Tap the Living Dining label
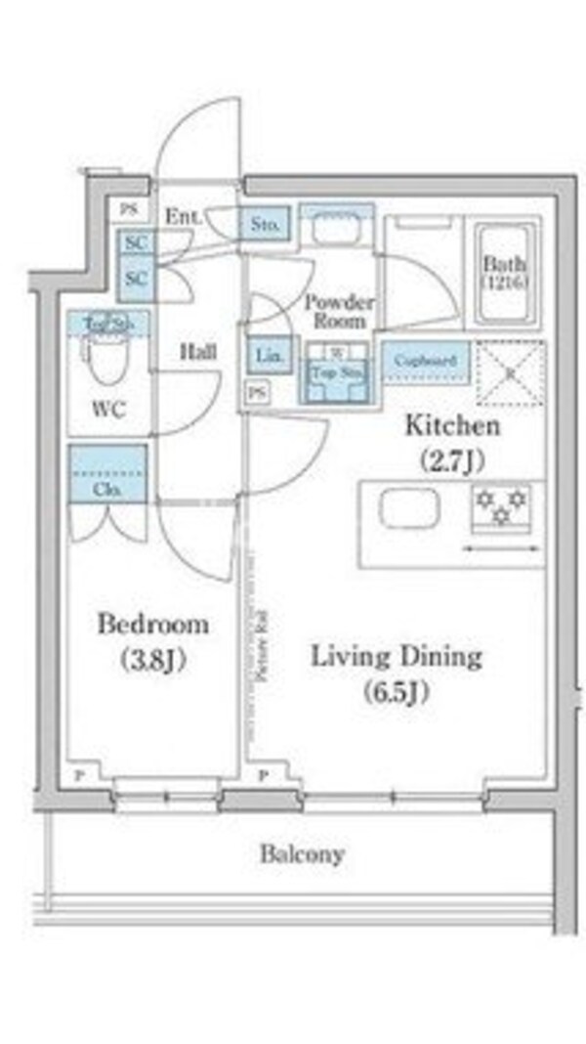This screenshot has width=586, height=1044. pyautogui.click(x=397, y=657)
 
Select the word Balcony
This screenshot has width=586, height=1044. pyautogui.click(x=302, y=854)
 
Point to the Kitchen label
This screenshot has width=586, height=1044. pyautogui.click(x=452, y=426)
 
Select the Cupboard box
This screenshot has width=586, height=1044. pyautogui.click(x=425, y=361)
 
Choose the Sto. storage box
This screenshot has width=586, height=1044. pyautogui.click(x=264, y=223)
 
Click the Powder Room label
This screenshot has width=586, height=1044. pyautogui.click(x=338, y=311)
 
